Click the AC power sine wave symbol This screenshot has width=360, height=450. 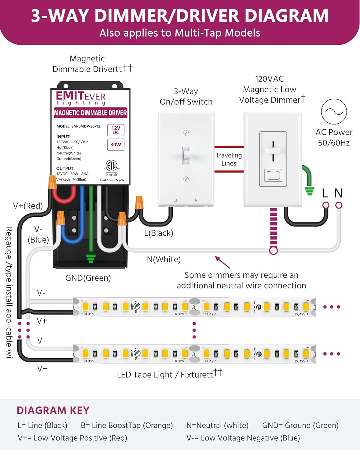[334, 112]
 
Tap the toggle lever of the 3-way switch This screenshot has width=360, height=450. [186, 155]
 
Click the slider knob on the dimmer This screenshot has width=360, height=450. [273, 150]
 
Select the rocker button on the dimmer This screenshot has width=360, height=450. [273, 175]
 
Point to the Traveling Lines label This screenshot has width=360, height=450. [229, 159]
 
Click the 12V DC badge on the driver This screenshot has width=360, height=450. [116, 130]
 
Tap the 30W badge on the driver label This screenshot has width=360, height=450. [116, 144]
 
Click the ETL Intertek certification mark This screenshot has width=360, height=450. [111, 166]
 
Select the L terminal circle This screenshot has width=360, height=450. [326, 205]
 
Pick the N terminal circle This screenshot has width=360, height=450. [339, 205]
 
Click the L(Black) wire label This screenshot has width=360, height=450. [158, 233]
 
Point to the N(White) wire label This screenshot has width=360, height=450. [164, 259]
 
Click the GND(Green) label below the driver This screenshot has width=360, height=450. [88, 278]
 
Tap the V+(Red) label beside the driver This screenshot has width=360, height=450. [28, 206]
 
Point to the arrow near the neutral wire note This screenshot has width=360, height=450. [222, 262]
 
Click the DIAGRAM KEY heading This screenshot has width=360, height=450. [53, 410]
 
